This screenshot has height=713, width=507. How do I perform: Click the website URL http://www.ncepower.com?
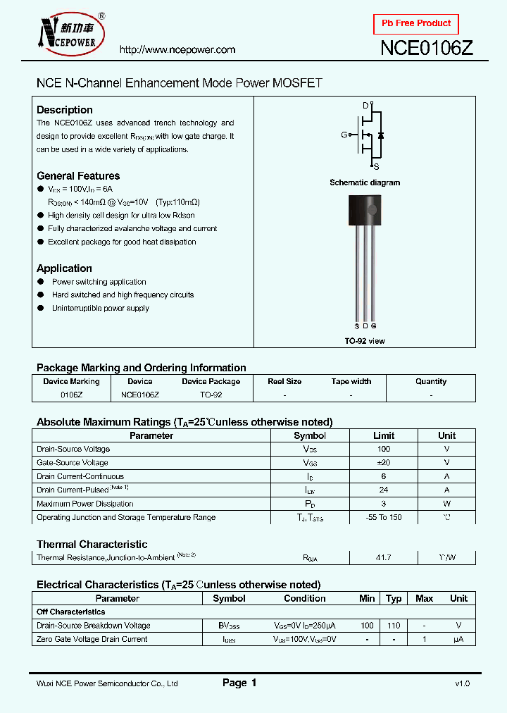pyautogui.click(x=177, y=50)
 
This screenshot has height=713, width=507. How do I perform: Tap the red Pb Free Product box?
pyautogui.click(x=416, y=23)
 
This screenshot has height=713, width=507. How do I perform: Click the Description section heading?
pyautogui.click(x=65, y=110)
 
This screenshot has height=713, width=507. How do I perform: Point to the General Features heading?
pyautogui.click(x=78, y=176)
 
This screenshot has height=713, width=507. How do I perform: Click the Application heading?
pyautogui.click(x=64, y=268)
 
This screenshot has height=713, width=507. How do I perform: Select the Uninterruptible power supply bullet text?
pyautogui.click(x=100, y=309)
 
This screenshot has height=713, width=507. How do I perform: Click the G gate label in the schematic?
pyautogui.click(x=344, y=135)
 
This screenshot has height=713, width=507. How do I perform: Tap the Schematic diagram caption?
pyautogui.click(x=365, y=182)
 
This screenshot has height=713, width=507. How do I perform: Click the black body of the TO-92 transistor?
pyautogui.click(x=365, y=211)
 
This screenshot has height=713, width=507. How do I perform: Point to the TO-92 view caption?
pyautogui.click(x=365, y=341)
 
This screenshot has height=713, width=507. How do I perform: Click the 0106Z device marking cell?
pyautogui.click(x=71, y=395)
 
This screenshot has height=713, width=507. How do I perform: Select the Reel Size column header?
pyautogui.click(x=284, y=381)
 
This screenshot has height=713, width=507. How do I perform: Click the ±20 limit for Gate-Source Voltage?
pyautogui.click(x=384, y=463)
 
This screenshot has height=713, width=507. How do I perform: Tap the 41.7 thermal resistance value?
pyautogui.click(x=384, y=557)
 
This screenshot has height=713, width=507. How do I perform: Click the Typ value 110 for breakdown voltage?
pyautogui.click(x=394, y=626)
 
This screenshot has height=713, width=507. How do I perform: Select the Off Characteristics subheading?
pyautogui.click(x=71, y=612)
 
